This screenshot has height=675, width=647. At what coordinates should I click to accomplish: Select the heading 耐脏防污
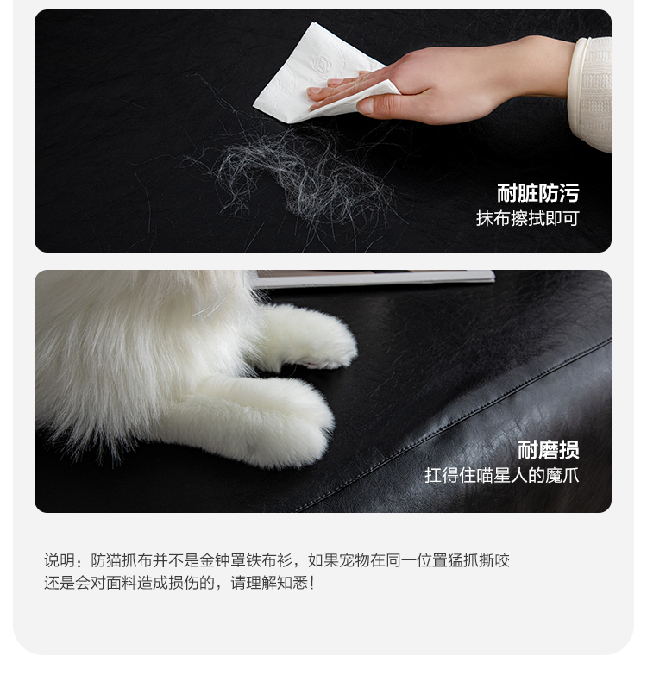(x=538, y=193)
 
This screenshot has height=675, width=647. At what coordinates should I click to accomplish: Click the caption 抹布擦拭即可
(x=528, y=218)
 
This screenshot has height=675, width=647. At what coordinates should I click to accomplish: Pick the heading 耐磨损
(x=549, y=450)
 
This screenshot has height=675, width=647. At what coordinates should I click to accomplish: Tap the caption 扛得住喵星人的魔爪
(x=502, y=475)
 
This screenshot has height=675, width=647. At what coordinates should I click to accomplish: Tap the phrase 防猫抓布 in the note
(x=122, y=560)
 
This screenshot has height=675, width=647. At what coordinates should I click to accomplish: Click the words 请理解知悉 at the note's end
(x=269, y=583)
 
